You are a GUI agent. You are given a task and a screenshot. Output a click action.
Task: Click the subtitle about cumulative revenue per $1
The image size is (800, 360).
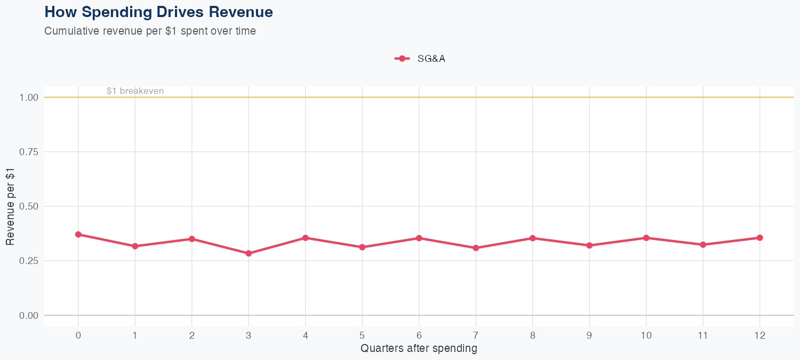pos(150,31)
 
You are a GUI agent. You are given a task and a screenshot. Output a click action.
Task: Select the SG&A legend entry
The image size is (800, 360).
pos(420,59)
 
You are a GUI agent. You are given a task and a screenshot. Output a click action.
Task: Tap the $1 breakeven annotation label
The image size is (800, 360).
pos(135,91)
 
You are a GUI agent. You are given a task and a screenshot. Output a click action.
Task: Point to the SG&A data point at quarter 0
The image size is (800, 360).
pos(78,234)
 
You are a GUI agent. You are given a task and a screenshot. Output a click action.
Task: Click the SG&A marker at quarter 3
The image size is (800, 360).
pos(249,253)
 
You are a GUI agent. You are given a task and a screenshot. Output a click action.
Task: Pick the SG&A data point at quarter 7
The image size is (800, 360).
pos(476,248)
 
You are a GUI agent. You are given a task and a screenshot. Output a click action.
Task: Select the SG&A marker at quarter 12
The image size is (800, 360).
pos(759,237)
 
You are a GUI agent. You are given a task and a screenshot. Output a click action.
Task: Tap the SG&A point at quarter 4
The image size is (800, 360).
pos(306,237)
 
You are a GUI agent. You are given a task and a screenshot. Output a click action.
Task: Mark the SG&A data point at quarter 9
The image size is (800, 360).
pos(589,245)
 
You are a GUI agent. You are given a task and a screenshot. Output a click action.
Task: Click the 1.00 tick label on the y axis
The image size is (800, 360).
pos(29,98)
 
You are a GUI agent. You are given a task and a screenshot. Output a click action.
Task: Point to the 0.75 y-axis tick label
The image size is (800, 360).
pos(29,152)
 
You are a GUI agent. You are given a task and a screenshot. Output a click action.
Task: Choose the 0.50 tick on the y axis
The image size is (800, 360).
pos(29,206)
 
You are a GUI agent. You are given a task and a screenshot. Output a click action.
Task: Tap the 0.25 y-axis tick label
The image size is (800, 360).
pos(29,261)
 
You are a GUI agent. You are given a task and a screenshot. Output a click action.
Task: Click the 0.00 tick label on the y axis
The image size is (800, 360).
pos(29,316)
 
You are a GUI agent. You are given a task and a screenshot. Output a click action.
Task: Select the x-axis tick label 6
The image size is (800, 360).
pos(419,335)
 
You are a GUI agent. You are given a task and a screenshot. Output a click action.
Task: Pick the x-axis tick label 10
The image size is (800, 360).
pos(646,335)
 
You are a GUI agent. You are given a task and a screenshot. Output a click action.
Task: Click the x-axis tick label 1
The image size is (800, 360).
pos(135,335)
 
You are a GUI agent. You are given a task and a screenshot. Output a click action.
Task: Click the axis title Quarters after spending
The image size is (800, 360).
pos(419,349)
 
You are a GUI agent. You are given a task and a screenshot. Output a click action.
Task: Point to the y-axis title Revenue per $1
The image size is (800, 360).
pos(11,206)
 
